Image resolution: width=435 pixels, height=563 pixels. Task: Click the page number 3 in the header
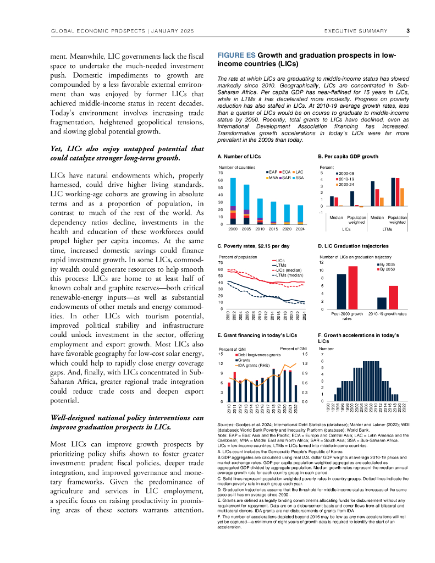[408, 31]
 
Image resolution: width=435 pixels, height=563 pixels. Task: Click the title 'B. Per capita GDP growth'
[348, 157]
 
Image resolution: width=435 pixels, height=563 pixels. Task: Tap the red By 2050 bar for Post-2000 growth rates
[353, 288]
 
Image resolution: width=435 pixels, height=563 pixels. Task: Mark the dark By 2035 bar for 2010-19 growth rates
[382, 303]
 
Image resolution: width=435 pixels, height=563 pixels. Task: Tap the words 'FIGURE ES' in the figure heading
[236, 56]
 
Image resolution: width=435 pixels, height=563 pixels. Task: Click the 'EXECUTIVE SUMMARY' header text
[356, 31]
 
